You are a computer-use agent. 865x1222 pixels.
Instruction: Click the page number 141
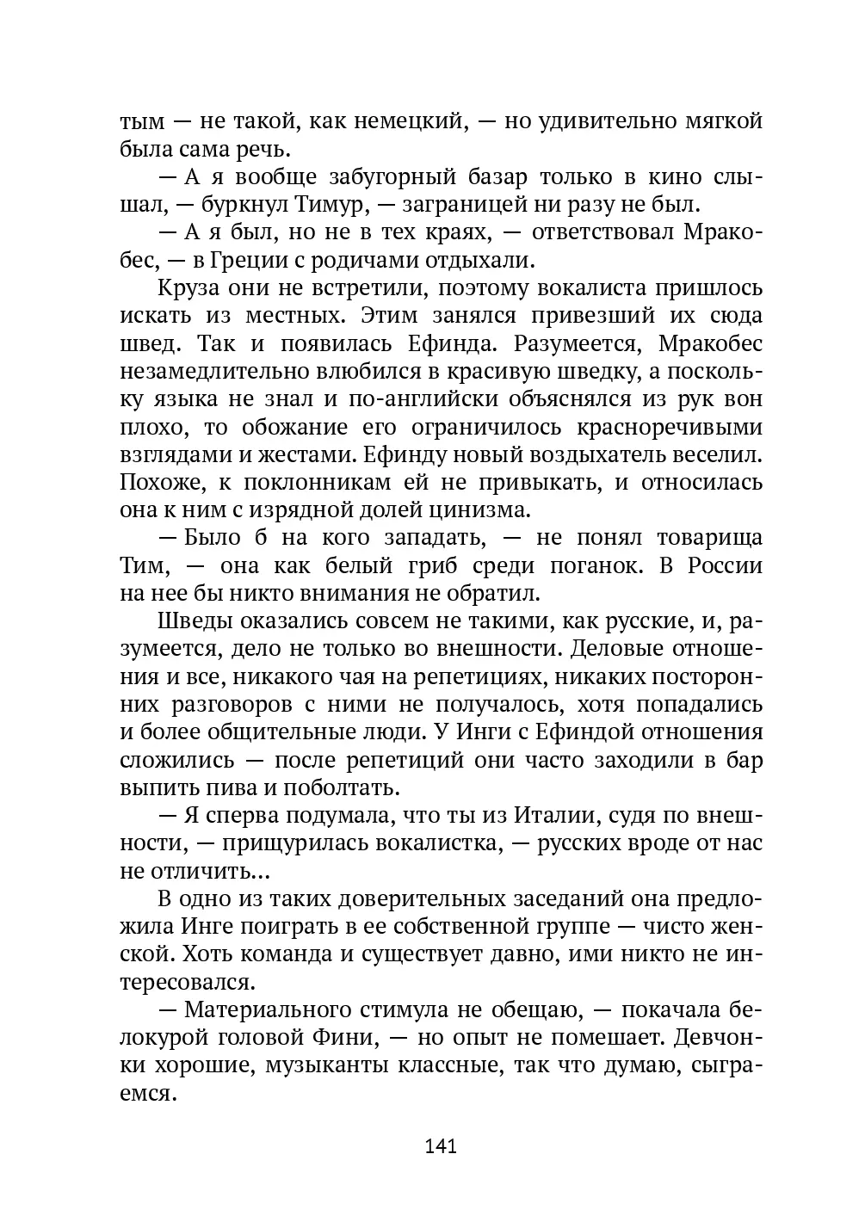coord(440,1146)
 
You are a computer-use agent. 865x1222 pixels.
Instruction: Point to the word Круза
coord(190,288)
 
